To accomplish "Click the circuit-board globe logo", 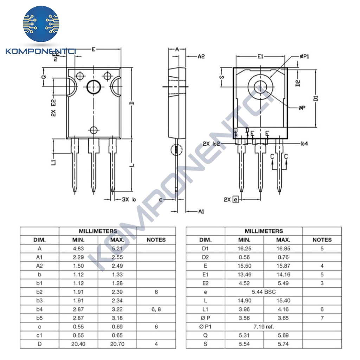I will (x=41, y=24).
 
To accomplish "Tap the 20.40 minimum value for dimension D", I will (x=78, y=344).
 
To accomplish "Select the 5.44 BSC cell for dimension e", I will (x=264, y=292).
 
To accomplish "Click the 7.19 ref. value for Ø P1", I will (x=264, y=327).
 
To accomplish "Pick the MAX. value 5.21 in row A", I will (x=117, y=249).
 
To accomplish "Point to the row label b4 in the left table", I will (x=39, y=309).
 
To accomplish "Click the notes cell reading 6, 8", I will (x=156, y=309).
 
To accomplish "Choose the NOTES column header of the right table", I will (x=322, y=240).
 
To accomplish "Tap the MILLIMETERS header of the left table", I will (x=98, y=231).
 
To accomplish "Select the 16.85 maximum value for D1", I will (x=283, y=249).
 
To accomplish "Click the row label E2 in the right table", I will (x=205, y=283).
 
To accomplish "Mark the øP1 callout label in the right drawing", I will (x=304, y=56).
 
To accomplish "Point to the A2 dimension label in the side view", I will (x=201, y=56).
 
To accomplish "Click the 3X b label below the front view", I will (x=129, y=199).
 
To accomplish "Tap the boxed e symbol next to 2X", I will (x=236, y=199).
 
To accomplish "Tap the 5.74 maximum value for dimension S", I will (x=283, y=344).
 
